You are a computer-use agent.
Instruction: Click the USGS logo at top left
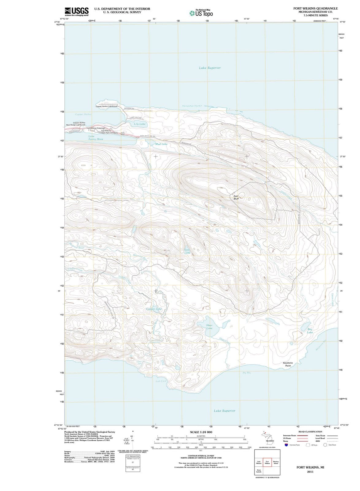pos(77,12)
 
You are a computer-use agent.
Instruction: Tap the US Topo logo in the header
pos(201,13)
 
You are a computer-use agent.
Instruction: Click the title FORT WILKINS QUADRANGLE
pos(316,9)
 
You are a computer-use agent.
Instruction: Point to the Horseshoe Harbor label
pos(192,106)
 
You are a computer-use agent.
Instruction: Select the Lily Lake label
pos(140,124)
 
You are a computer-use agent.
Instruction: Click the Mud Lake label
pos(161,144)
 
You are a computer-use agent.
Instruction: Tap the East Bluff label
pos(236,197)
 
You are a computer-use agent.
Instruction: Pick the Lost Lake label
pos(187,251)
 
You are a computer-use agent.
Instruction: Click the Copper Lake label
pos(154,309)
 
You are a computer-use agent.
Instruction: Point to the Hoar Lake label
pos(209,327)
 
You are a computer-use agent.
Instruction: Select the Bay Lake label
pos(310,331)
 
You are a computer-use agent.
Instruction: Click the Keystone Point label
pos(288,364)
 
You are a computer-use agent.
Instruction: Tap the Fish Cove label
pos(161,381)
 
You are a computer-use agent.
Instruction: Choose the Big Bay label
pos(247,373)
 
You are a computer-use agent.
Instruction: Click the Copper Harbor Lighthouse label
pos(106,106)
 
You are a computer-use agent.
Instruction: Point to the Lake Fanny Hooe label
pos(96,138)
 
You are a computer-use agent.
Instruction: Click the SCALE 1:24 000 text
pos(201,432)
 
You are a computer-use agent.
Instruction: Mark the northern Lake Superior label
pos(210,68)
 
